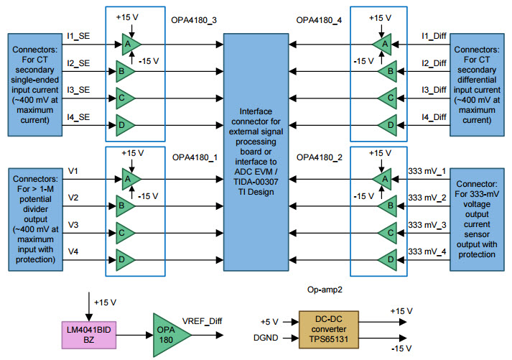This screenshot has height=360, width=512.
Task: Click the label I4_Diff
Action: [436, 116]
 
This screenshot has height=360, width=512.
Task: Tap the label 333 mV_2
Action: [427, 197]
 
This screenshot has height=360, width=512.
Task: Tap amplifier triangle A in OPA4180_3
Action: [129, 44]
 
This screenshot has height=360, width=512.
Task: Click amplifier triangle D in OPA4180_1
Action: [124, 259]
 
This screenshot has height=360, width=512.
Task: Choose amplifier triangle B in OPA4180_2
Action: [388, 206]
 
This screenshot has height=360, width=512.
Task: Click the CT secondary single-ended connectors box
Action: [29, 84]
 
